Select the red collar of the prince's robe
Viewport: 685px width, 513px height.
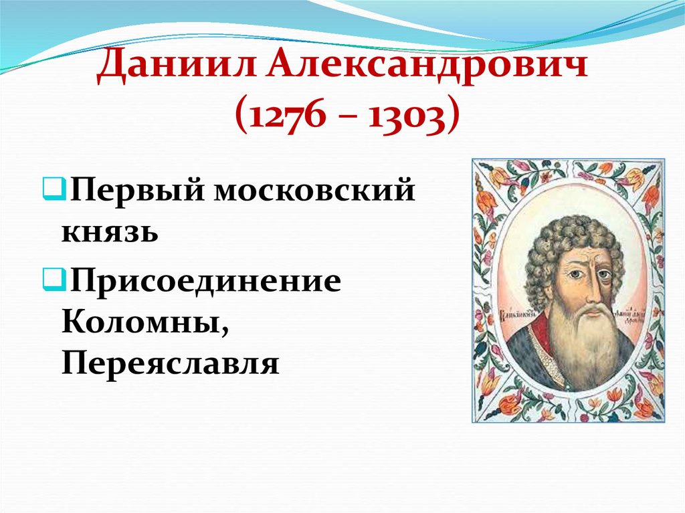click(539, 334)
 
